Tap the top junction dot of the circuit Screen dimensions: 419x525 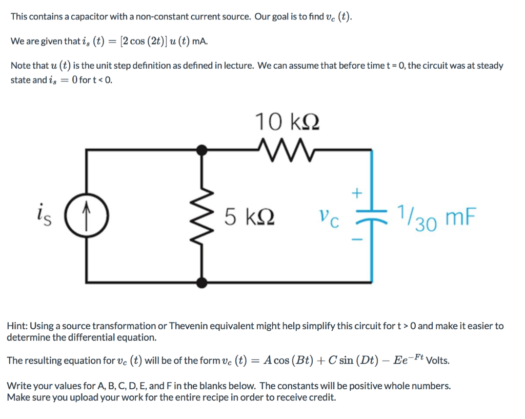[x=204, y=149]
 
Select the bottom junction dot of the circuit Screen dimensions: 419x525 [x=204, y=282]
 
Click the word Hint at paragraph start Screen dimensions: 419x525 [x=17, y=326]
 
